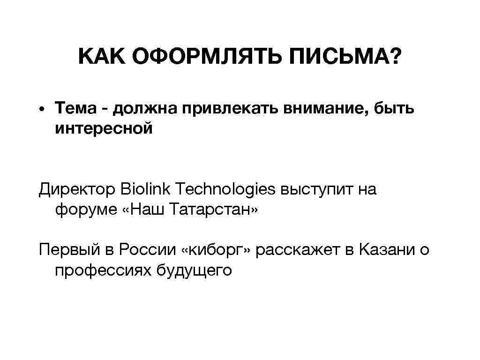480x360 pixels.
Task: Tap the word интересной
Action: [x=104, y=128]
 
